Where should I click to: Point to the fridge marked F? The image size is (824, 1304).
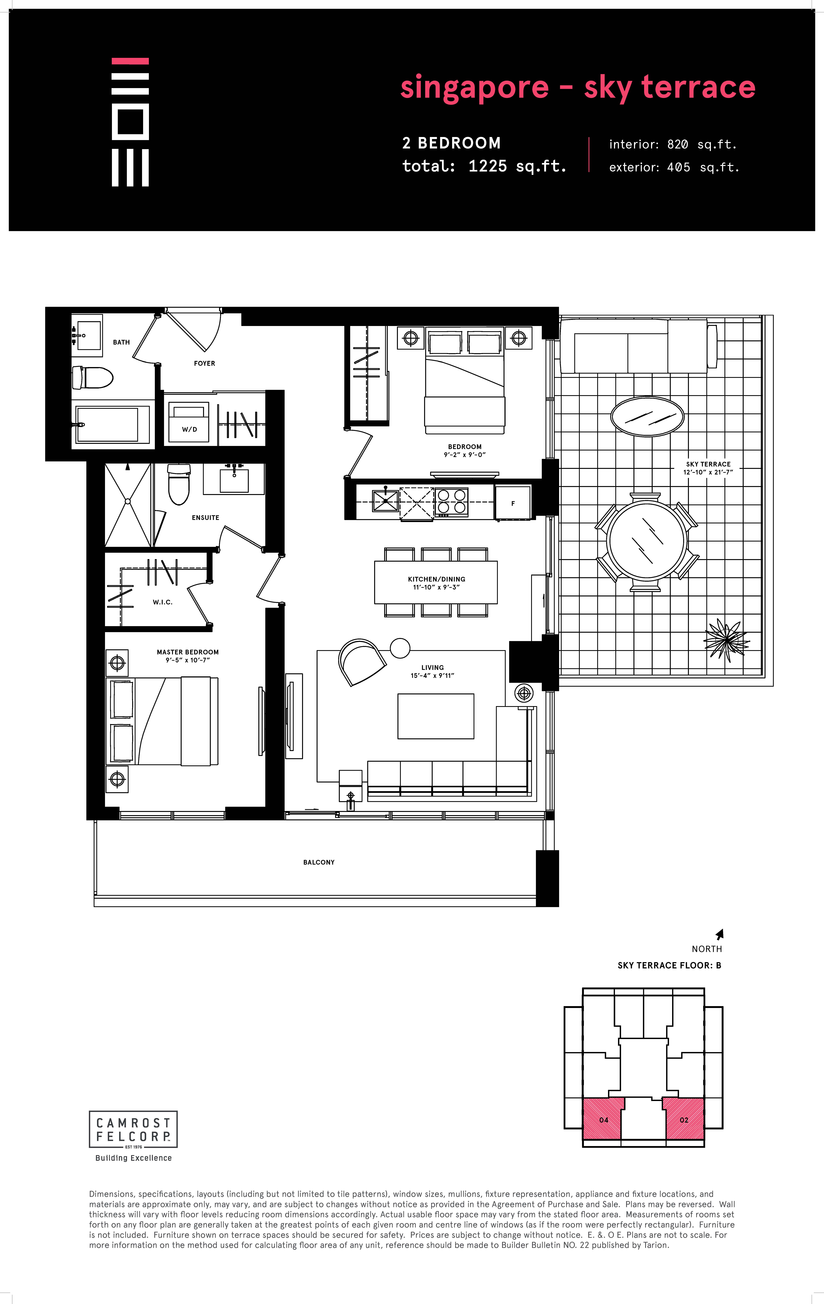tap(513, 503)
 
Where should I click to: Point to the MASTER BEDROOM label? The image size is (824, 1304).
tap(188, 652)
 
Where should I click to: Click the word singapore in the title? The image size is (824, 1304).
tap(474, 88)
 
